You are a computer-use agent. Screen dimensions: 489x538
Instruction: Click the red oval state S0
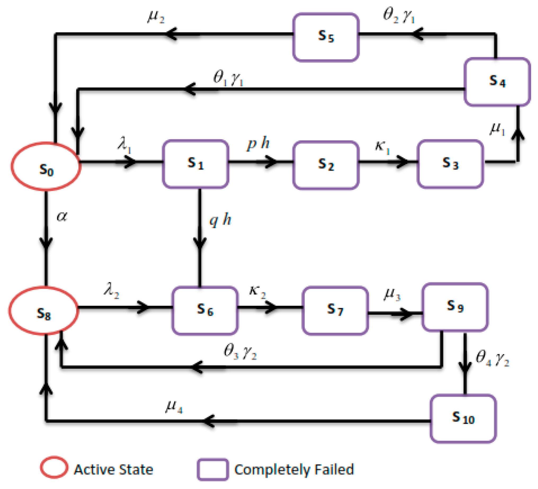46,166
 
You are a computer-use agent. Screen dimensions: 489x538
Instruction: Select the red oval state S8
43,311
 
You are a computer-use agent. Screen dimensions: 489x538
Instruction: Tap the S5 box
326,37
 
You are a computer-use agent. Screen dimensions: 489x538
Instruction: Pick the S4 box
497,82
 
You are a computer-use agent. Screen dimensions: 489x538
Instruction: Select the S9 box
455,307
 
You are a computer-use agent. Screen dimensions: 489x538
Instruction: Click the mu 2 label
156,17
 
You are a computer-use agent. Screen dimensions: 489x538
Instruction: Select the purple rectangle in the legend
213,469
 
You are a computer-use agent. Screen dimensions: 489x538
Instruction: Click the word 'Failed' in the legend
334,469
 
